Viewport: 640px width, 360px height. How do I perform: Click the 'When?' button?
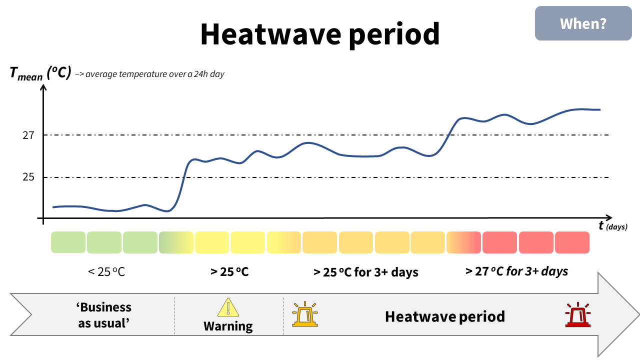click(583, 23)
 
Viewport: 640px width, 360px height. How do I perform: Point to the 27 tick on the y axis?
click(28, 135)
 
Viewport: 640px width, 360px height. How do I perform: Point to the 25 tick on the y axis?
click(28, 177)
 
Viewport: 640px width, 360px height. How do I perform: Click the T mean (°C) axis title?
click(40, 73)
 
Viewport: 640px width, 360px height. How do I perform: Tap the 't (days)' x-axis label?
click(612, 226)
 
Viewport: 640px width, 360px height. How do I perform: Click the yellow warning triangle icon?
click(228, 308)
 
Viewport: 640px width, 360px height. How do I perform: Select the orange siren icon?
click(305, 314)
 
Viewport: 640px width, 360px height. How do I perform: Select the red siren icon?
click(578, 315)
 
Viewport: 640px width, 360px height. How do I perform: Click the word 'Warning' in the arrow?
click(228, 326)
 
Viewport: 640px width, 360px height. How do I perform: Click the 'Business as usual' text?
click(104, 315)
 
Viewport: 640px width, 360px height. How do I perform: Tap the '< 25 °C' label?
click(106, 272)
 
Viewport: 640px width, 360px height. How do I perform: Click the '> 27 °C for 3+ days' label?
click(516, 271)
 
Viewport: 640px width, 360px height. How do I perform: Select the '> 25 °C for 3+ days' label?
click(365, 272)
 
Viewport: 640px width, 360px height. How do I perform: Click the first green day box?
click(68, 242)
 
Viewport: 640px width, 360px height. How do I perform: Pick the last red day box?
click(572, 242)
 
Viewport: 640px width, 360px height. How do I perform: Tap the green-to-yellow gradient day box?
click(176, 242)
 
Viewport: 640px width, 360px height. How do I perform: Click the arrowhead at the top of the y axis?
click(43, 88)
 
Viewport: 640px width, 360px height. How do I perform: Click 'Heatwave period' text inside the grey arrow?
click(444, 316)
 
